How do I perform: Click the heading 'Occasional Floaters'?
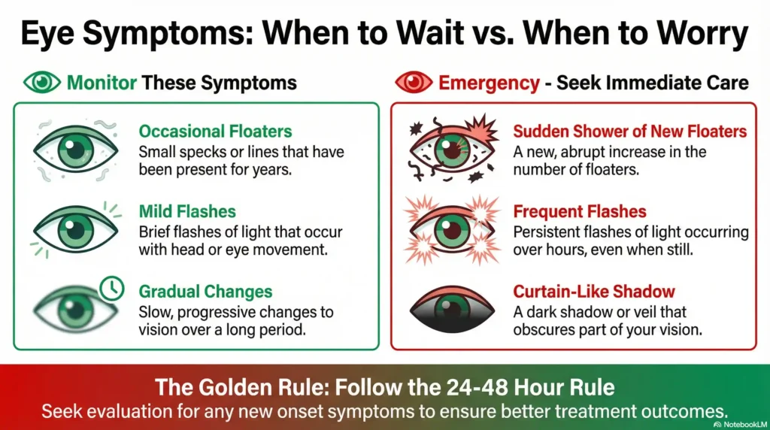(215, 132)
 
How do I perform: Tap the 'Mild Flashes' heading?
(187, 211)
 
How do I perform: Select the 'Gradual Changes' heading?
(205, 291)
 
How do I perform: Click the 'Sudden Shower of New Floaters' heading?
(629, 132)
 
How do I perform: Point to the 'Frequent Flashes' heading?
(579, 211)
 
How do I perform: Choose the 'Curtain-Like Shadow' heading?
(594, 291)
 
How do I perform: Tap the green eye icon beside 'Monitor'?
(43, 82)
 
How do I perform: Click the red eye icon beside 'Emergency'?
(413, 82)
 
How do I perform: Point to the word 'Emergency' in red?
(489, 82)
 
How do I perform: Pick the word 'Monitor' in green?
(103, 82)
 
